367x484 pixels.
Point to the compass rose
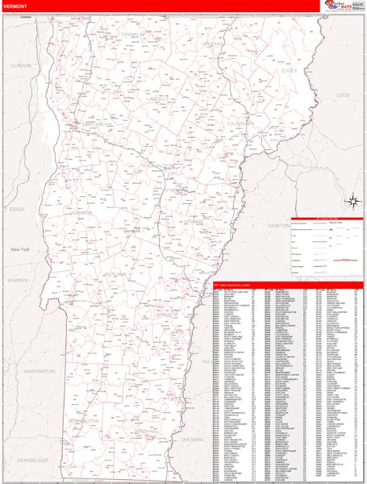click(352, 202)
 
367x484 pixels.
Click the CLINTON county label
click(20, 65)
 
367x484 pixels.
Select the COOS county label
click(343, 95)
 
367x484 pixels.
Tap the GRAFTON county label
click(278, 226)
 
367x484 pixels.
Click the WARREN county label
click(17, 280)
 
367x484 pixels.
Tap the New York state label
click(21, 251)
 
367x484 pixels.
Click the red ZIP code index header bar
click(287, 284)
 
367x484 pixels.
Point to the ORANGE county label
click(194, 220)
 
